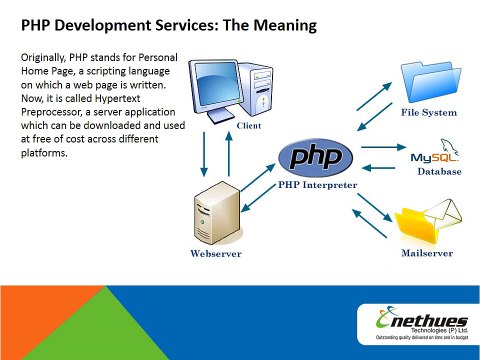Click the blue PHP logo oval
pos(315,158)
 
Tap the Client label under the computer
pos(249,126)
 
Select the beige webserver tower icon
pos(217,213)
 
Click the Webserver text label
pos(216,253)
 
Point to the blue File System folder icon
pos(431,82)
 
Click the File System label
pos(429,112)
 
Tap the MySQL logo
pos(435,152)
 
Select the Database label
pos(439,171)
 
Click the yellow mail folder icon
pos(428,221)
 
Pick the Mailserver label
pos(427,253)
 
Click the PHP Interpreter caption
pos(317,185)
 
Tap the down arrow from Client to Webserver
pos(204,154)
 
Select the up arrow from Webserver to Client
pos(229,154)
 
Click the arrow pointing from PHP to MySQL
pos(384,147)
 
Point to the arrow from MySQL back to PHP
pos(378,168)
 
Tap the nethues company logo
pos(422,323)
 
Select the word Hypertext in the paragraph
pos(118,99)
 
